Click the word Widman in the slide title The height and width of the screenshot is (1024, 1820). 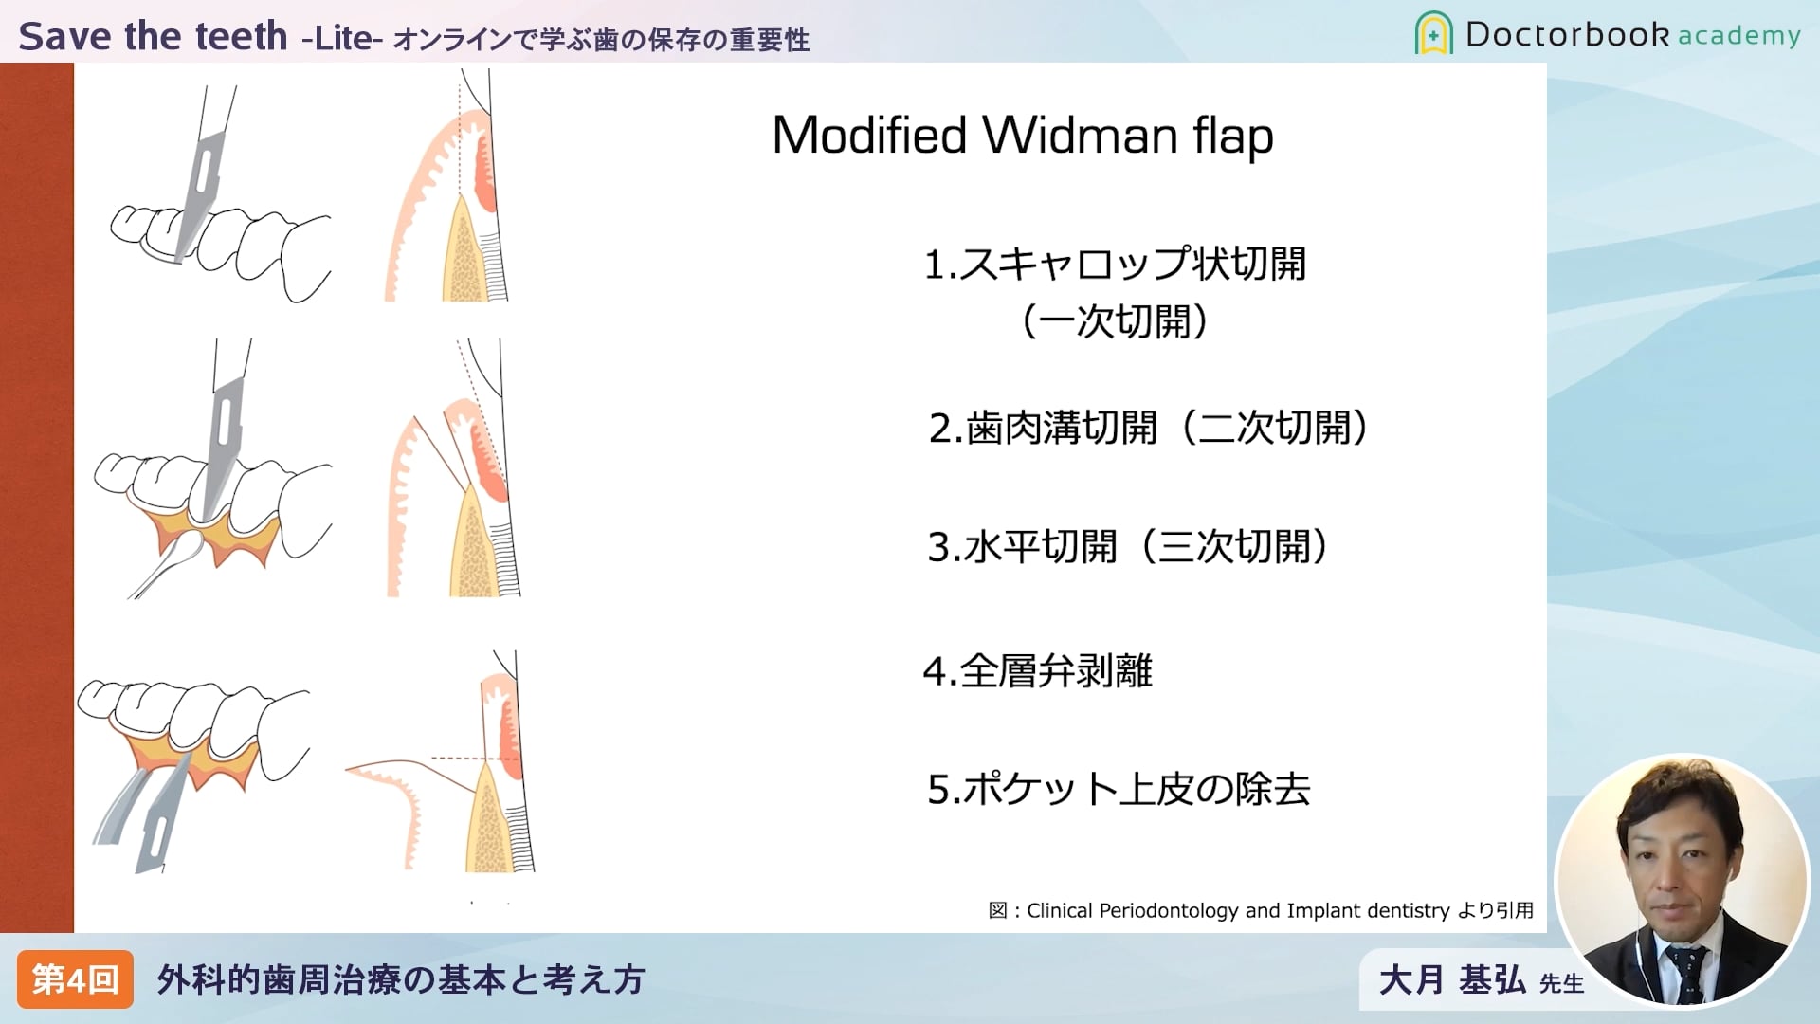[x=1080, y=135]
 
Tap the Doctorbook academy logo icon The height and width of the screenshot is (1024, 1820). [x=1433, y=33]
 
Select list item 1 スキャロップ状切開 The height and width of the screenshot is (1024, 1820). [x=1115, y=264]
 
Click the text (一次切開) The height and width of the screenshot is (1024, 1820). [x=1115, y=321]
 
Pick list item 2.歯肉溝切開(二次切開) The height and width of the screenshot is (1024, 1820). [x=1150, y=428]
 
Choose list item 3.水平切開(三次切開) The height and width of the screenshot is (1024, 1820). [x=1129, y=547]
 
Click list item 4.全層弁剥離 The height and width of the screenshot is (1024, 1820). [x=1038, y=671]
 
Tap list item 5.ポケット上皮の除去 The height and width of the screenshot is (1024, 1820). [x=1119, y=789]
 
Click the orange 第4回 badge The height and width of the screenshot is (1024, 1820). [x=75, y=979]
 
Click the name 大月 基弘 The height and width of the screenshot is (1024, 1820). [x=1451, y=979]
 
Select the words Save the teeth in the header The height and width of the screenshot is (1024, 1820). [x=153, y=36]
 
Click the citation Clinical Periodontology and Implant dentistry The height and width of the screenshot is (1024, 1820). [x=1238, y=910]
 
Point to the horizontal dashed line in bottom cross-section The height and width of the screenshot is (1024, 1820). [x=475, y=759]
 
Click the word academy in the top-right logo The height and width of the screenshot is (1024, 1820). [x=1738, y=36]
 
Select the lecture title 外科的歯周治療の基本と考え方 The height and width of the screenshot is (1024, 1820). [x=401, y=979]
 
